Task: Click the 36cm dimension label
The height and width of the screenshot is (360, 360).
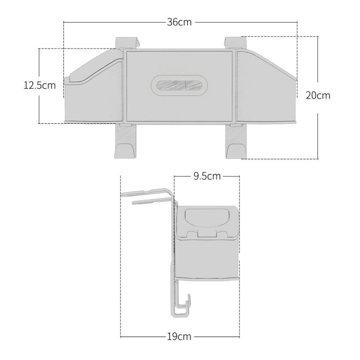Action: click(179, 22)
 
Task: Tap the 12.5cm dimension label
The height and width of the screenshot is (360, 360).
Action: click(40, 85)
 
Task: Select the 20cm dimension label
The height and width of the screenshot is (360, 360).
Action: click(318, 95)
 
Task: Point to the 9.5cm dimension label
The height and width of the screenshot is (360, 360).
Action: click(207, 176)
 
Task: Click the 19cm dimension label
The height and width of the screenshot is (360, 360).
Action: click(179, 337)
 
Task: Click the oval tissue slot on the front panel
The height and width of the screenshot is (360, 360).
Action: click(179, 85)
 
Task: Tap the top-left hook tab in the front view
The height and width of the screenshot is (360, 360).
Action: click(127, 43)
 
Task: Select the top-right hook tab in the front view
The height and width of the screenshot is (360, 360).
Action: click(235, 43)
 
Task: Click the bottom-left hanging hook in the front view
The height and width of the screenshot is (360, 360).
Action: click(126, 141)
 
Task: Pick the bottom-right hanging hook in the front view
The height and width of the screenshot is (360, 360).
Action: click(236, 141)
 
